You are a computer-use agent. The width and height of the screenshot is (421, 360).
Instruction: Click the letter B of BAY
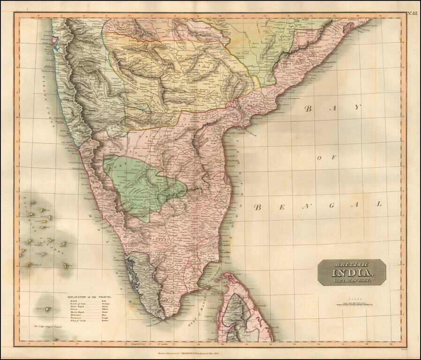point(308,109)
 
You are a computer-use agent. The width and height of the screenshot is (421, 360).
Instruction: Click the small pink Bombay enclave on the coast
point(56,41)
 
